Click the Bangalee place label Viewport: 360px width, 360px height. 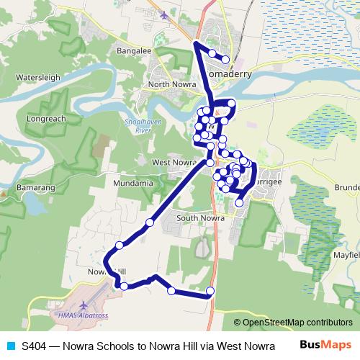tap(135, 52)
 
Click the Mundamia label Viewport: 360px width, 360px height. tap(133, 184)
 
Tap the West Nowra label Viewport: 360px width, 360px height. tap(174, 163)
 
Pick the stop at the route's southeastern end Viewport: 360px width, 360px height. tap(210, 291)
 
